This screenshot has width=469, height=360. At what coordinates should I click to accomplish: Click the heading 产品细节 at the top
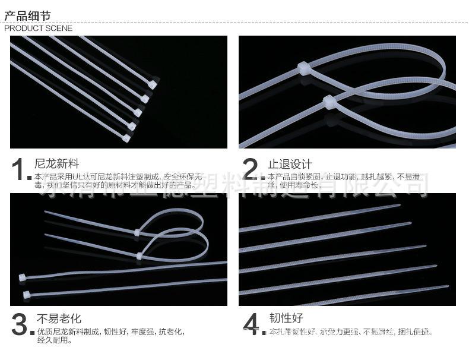pos(27,16)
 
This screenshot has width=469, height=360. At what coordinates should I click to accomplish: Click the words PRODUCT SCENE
pos(38,28)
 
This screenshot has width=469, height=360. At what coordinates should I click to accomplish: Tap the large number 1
pos(20,170)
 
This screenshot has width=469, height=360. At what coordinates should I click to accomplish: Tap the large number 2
pos(252,170)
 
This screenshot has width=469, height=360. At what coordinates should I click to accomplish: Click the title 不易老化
pos(59,318)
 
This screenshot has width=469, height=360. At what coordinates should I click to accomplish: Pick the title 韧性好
pos(285,318)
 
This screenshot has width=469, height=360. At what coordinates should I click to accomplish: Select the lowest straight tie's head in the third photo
pos(26,294)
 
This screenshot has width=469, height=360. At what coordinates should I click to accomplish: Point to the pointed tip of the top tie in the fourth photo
pos(400,206)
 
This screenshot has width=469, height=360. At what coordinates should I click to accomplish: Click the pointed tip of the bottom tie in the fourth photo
pos(448,286)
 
